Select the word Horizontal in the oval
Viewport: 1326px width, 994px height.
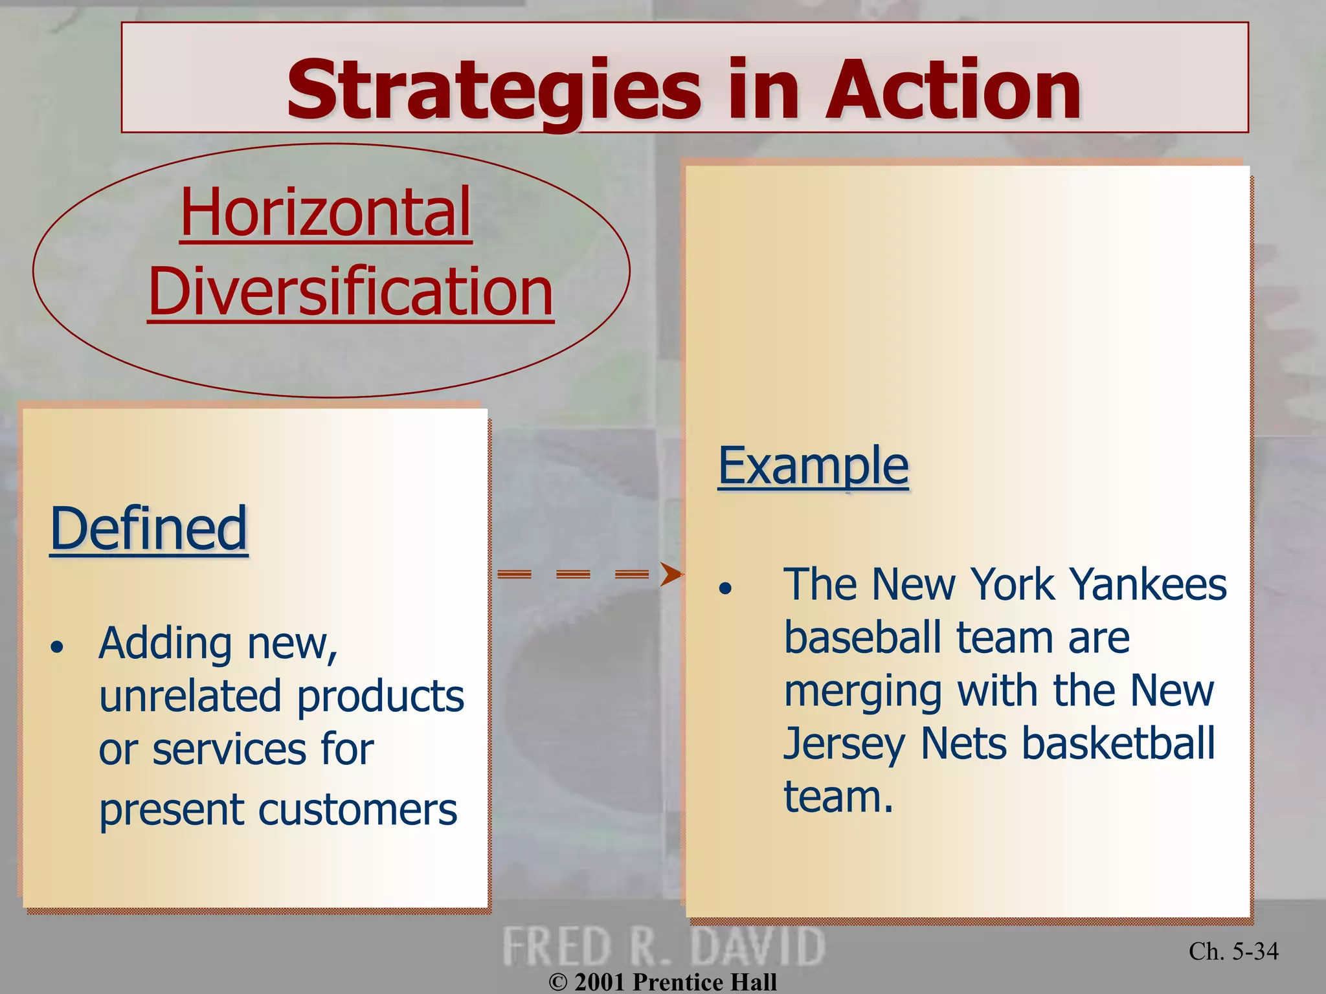click(x=326, y=212)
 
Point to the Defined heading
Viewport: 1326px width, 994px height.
click(x=149, y=529)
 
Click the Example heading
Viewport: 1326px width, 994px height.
click(x=813, y=465)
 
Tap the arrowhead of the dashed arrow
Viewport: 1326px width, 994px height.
click(x=671, y=573)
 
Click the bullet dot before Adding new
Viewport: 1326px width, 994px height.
click(x=58, y=646)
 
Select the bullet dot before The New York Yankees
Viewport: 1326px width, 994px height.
click(x=725, y=588)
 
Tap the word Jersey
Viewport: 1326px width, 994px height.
click(x=843, y=744)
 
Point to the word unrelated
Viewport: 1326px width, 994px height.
click(x=190, y=696)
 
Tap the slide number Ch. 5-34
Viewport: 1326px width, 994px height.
click(x=1233, y=951)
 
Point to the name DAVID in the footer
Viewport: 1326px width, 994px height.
click(x=758, y=947)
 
